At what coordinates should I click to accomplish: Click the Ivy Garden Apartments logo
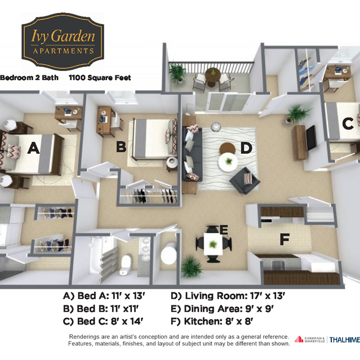63,41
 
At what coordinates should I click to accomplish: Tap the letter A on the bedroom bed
33,148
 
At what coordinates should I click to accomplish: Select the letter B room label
121,146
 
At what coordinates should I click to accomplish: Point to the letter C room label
348,123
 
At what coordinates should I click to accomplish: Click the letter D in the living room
246,148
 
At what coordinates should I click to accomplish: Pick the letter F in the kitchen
285,239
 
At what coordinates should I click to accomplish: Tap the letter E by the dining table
224,230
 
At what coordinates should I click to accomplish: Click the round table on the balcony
213,75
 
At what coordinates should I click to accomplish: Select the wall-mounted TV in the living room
312,138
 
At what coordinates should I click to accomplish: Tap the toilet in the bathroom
125,265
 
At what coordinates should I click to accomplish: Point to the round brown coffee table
227,148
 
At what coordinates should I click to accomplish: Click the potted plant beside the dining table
191,266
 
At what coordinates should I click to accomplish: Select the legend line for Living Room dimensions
228,296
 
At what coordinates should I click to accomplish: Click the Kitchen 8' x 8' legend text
212,321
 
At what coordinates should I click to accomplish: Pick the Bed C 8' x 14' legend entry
103,321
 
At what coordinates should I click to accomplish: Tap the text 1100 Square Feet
100,78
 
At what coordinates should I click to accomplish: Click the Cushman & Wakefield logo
310,339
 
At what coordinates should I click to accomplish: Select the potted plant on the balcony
177,72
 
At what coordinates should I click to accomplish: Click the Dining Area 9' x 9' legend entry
222,309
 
